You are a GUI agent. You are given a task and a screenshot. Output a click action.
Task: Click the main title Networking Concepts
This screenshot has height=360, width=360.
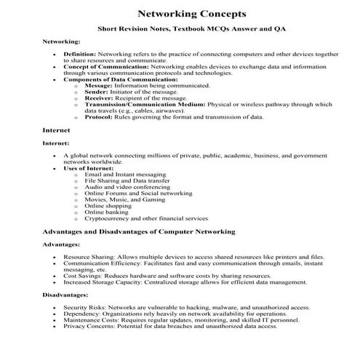coord(181,14)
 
